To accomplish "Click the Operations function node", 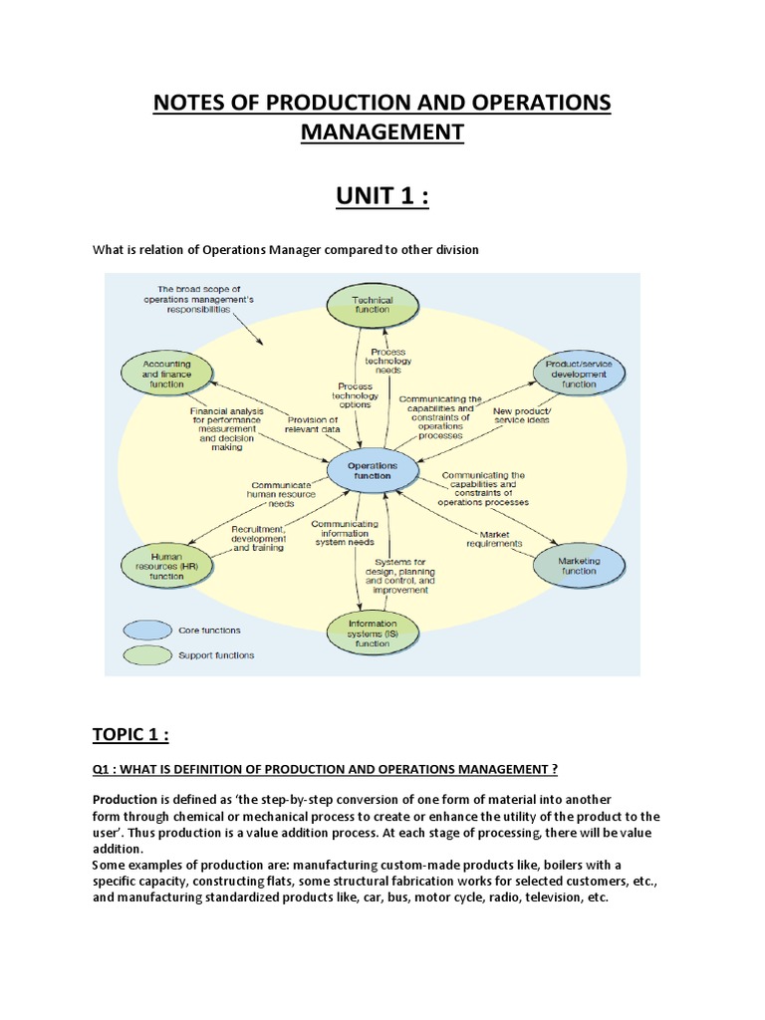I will coord(373,470).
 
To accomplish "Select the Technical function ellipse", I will coord(373,305).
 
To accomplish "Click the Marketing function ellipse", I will coord(578,566).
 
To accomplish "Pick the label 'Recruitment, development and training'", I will coord(257,538).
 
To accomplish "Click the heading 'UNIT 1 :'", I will coord(382,195).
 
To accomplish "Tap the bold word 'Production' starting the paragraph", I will coord(125,799).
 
